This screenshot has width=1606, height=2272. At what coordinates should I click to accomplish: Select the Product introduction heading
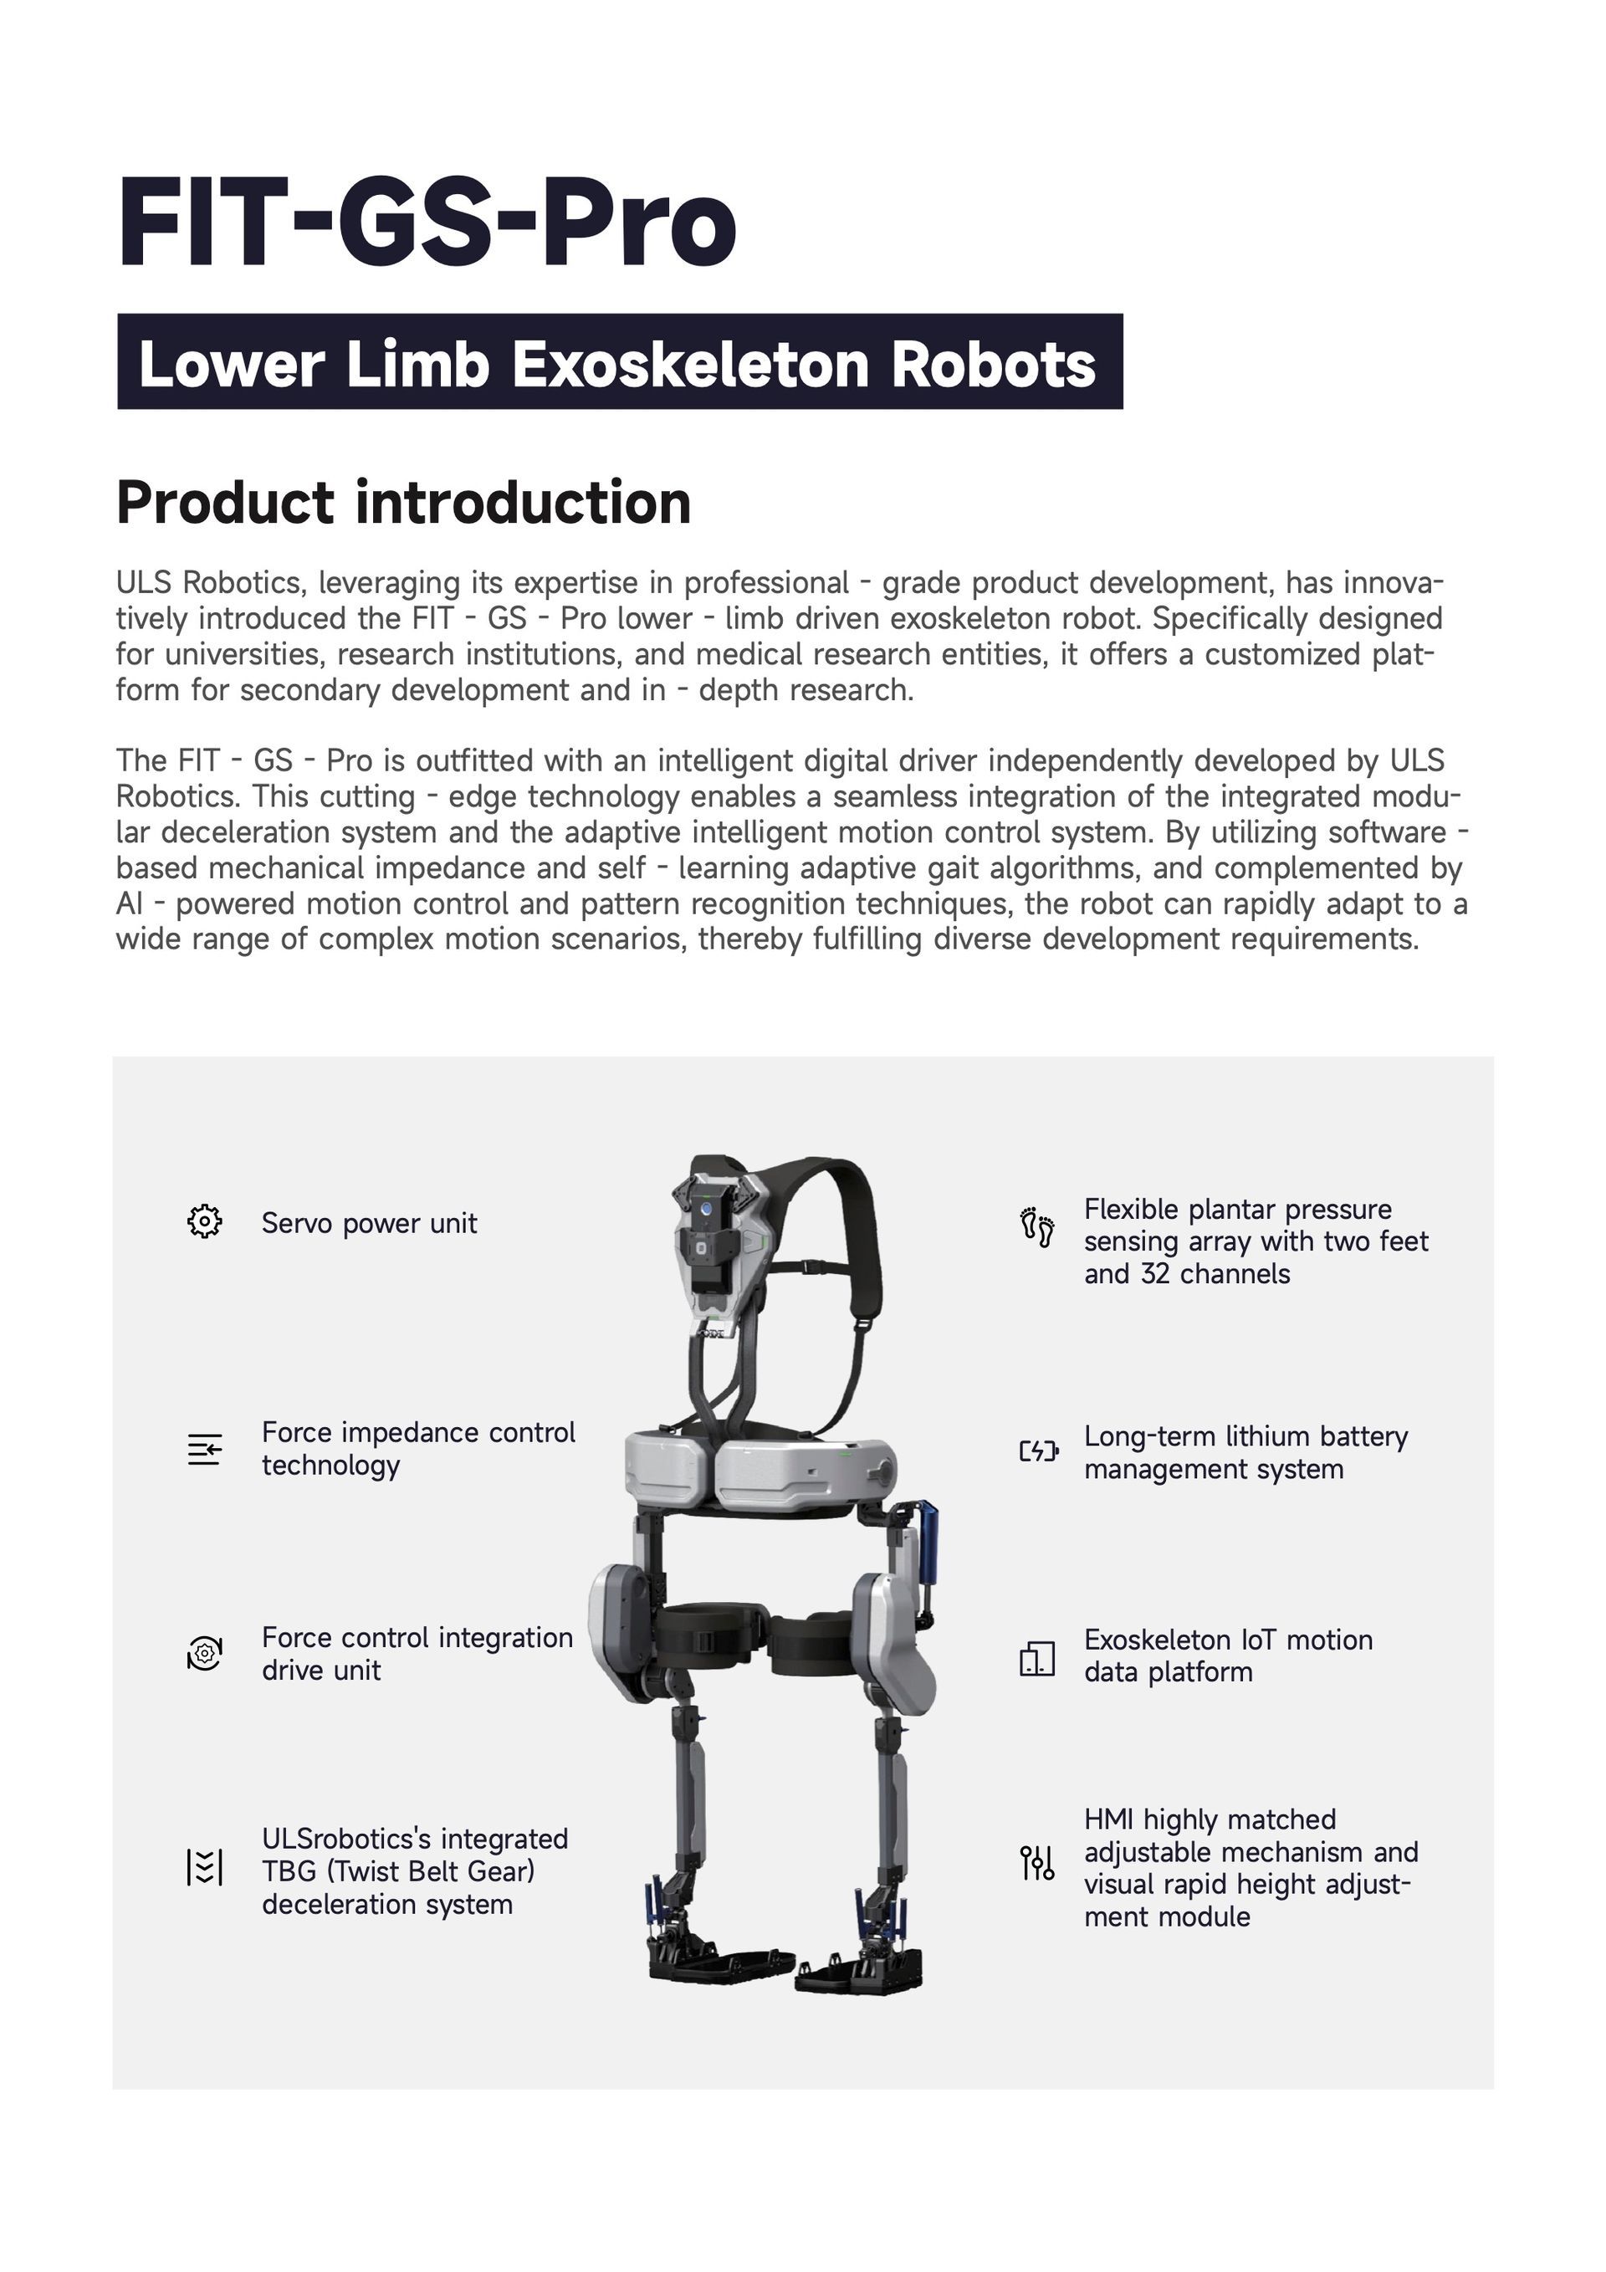[x=404, y=503]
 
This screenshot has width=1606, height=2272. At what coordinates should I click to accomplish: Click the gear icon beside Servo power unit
[x=205, y=1222]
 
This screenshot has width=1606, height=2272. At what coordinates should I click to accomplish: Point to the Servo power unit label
[x=369, y=1224]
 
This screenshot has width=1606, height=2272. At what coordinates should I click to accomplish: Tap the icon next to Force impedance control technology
[x=205, y=1451]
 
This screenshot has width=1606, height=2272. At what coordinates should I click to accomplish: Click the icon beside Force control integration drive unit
[x=205, y=1654]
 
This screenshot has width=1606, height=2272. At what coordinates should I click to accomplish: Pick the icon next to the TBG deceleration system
[x=205, y=1867]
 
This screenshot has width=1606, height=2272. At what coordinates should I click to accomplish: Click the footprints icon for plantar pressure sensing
[x=1037, y=1227]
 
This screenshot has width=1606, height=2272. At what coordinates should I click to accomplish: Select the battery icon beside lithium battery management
[x=1039, y=1451]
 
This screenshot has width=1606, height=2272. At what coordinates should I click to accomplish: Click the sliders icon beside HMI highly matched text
[x=1037, y=1863]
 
